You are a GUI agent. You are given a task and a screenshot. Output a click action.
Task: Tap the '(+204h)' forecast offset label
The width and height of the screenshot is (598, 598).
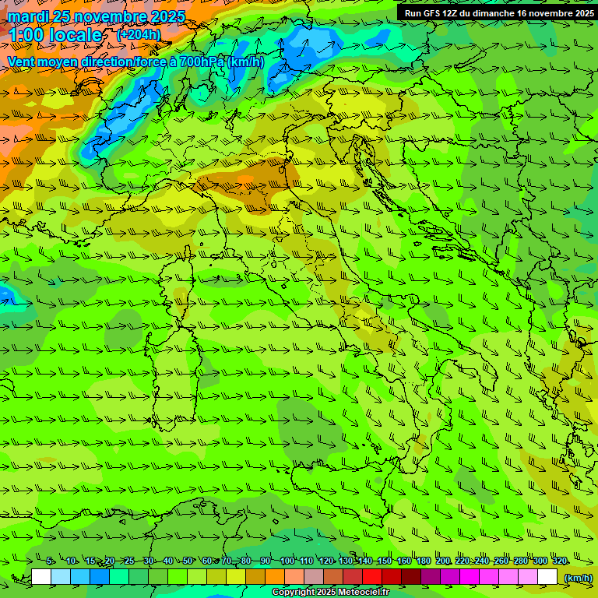point(139,35)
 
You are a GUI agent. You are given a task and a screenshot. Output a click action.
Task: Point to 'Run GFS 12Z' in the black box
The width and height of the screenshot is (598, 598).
point(431,13)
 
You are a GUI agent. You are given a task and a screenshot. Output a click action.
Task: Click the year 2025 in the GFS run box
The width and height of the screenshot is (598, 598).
point(579,13)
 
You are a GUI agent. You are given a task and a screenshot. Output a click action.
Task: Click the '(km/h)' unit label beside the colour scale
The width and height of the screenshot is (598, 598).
point(577,578)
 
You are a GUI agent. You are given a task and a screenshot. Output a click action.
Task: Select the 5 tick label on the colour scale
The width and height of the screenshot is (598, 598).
point(50,561)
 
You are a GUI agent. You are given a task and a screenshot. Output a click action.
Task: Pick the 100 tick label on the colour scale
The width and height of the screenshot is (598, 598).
point(287,561)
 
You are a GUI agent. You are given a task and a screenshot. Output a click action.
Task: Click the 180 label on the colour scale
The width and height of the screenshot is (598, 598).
point(423,561)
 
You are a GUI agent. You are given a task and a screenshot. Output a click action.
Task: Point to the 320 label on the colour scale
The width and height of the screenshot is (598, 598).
point(558,561)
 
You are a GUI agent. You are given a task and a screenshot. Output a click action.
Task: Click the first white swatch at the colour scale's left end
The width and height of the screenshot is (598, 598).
point(41,578)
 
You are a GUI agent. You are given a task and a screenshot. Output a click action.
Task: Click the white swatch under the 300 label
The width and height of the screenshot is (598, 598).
point(547,578)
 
